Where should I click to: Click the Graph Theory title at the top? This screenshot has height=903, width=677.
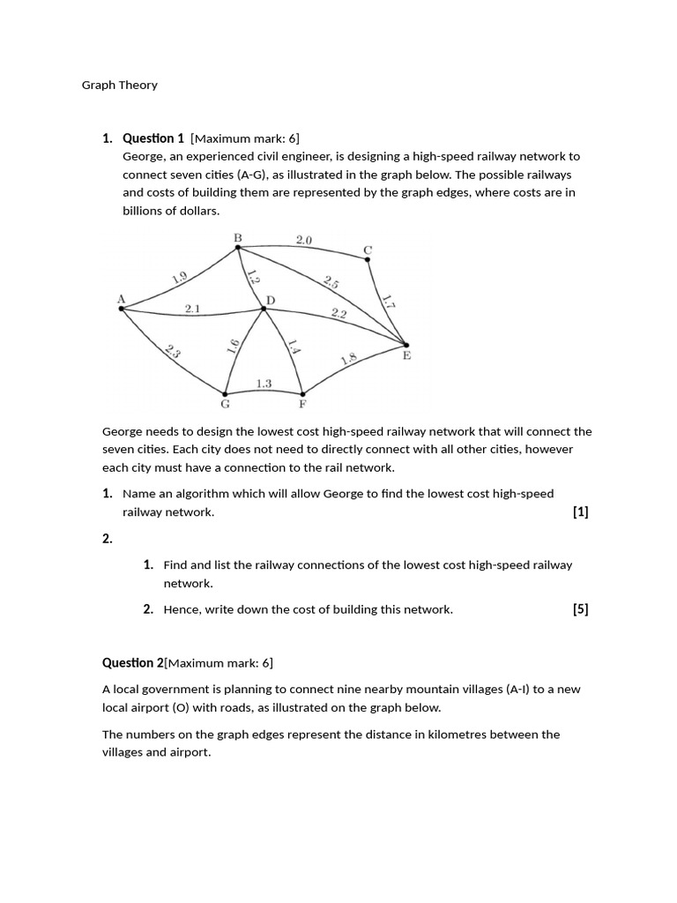click(120, 86)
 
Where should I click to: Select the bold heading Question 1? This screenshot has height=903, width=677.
click(153, 138)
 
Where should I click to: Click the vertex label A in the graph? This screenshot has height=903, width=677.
click(121, 299)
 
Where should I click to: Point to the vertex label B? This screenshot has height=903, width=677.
click(237, 237)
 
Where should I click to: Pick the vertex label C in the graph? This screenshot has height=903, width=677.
click(368, 250)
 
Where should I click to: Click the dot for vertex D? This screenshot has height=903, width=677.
click(264, 309)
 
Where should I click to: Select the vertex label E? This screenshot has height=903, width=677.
click(406, 355)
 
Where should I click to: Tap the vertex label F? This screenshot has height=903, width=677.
click(301, 406)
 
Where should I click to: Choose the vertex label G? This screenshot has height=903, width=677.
click(225, 406)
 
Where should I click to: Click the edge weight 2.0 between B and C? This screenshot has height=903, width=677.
click(304, 239)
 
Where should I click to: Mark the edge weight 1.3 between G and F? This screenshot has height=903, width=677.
click(264, 384)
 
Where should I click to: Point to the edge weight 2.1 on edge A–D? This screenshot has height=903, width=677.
click(193, 309)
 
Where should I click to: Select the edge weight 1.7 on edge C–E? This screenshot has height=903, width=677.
click(388, 299)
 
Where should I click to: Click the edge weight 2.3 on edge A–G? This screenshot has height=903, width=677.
click(173, 351)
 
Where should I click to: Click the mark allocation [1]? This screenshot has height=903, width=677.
click(580, 511)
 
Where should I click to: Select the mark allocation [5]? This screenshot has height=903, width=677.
click(580, 608)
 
